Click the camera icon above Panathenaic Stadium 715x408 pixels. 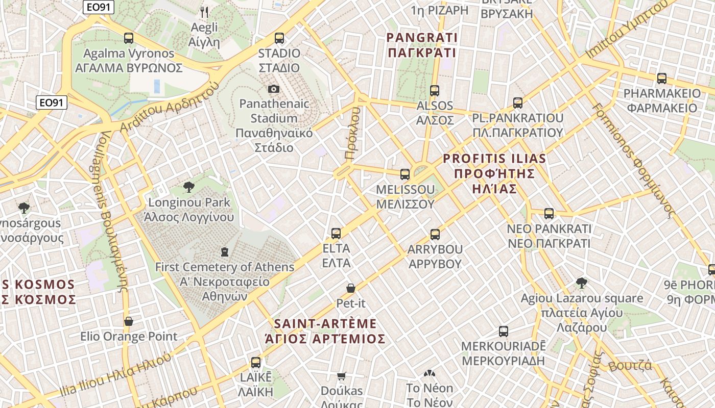tap(274, 89)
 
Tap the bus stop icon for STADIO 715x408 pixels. tap(279, 38)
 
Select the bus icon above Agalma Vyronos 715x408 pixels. tap(129, 38)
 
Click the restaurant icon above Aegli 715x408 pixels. tap(204, 12)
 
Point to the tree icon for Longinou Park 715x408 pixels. tap(189, 187)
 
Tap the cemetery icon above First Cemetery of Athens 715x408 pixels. tap(224, 251)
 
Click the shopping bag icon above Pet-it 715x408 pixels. tap(351, 288)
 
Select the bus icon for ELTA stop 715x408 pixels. tap(336, 234)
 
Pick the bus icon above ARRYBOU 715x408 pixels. tap(435, 235)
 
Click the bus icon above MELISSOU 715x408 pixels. tap(405, 174)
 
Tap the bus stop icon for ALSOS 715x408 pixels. tap(435, 91)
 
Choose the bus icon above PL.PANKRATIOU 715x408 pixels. tap(518, 103)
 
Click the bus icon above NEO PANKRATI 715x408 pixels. tap(549, 214)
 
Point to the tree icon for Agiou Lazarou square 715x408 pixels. tap(581, 283)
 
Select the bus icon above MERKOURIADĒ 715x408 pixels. tap(504, 331)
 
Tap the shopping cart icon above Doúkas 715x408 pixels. tap(342, 376)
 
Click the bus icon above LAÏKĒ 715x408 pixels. tap(256, 363)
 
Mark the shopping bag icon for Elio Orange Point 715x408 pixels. tap(129, 321)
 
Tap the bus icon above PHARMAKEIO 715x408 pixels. tap(662, 79)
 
